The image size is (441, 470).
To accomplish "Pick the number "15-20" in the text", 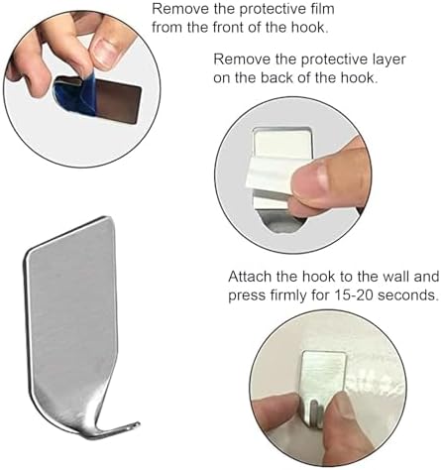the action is point(354,294).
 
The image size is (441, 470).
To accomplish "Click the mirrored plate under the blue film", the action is point(119,101).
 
